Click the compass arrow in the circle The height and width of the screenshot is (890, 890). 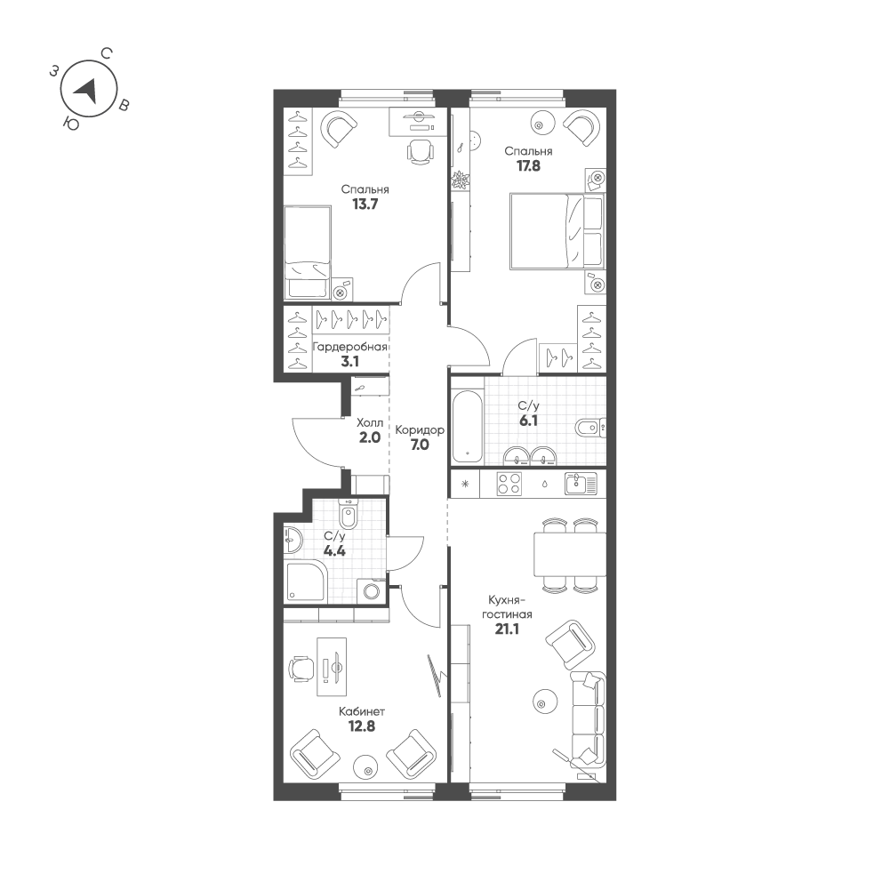point(86,89)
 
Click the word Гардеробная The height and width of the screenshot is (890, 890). point(350,347)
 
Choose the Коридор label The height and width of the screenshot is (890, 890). point(420,429)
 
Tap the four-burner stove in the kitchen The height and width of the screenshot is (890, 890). point(510,484)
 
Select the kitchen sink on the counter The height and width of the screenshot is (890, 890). point(581,483)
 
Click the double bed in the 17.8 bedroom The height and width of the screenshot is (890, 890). point(556,231)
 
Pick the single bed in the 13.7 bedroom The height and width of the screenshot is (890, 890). point(308,252)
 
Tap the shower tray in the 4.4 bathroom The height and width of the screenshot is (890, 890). point(306,581)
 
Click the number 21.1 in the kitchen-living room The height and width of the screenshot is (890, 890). point(507,629)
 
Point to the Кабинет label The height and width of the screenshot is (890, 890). point(362,711)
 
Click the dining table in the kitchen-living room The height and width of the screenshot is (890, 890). point(569,554)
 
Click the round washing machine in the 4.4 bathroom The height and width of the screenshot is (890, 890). point(371,590)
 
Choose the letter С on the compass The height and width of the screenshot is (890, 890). point(105,53)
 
